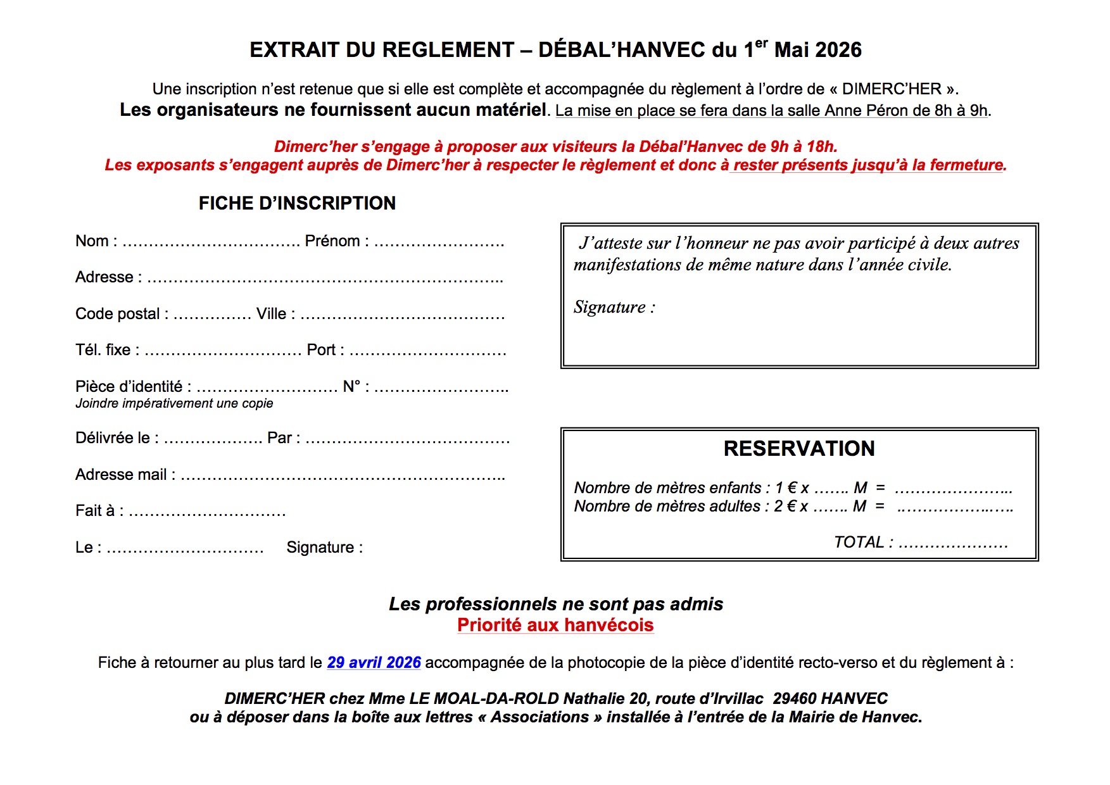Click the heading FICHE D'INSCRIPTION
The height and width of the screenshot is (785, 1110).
click(297, 203)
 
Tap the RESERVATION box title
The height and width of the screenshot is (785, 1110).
click(799, 448)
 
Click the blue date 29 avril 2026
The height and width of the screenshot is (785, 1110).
click(374, 663)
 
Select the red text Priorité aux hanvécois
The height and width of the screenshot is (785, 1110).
click(555, 625)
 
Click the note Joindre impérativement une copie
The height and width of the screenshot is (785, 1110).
click(174, 403)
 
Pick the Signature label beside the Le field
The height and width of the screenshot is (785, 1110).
click(324, 548)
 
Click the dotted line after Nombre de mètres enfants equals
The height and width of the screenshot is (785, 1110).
click(953, 489)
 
